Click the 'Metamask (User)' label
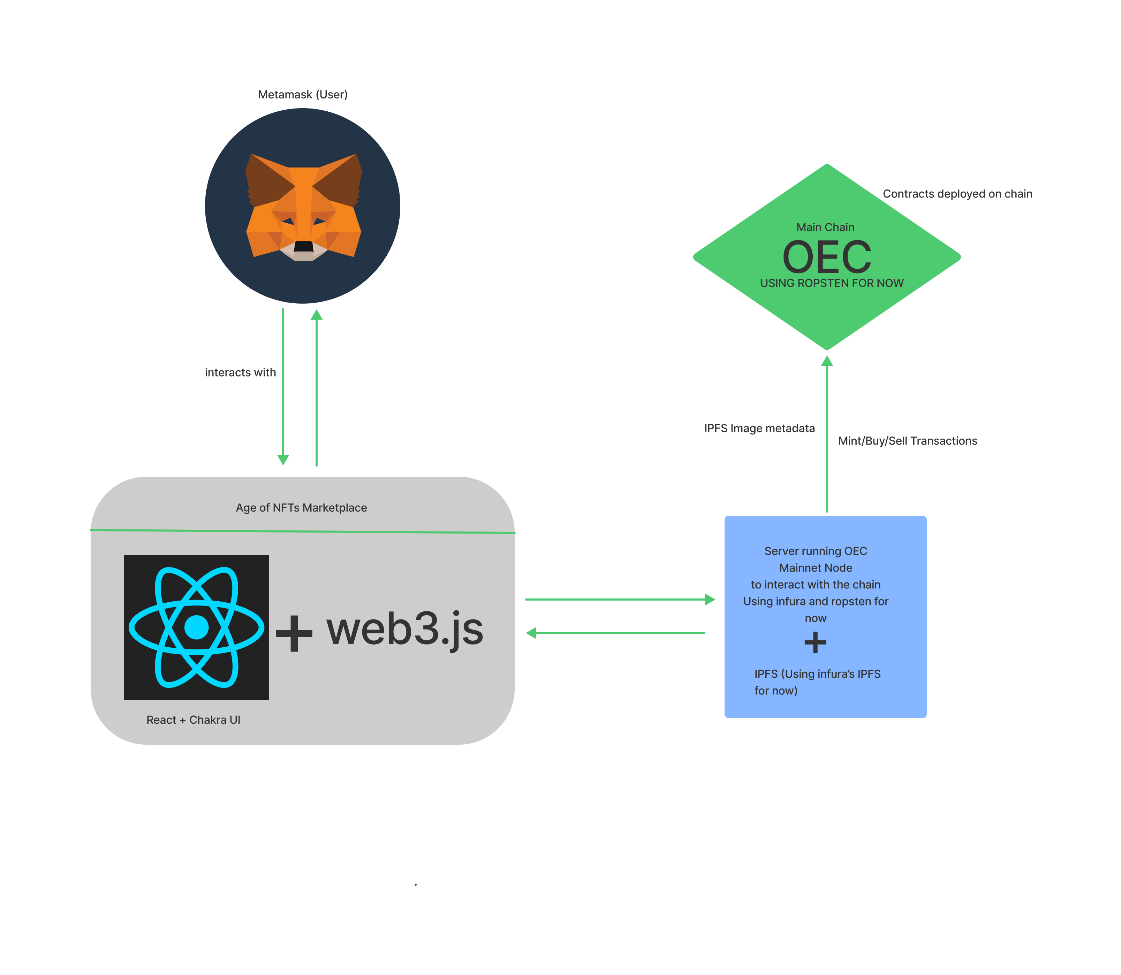[x=303, y=95]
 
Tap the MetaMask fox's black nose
[x=303, y=246]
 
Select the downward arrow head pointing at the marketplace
[x=283, y=460]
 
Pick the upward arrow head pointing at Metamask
[x=316, y=314]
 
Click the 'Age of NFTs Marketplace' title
[x=301, y=508]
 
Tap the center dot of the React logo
[x=196, y=627]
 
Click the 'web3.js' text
[x=404, y=630]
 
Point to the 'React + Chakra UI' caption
[x=193, y=720]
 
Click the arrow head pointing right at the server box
[x=710, y=600]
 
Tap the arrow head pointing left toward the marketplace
[x=531, y=633]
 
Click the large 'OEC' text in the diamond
[x=826, y=257]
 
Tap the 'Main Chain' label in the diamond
[x=825, y=228]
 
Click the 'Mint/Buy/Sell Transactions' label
[x=907, y=441]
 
